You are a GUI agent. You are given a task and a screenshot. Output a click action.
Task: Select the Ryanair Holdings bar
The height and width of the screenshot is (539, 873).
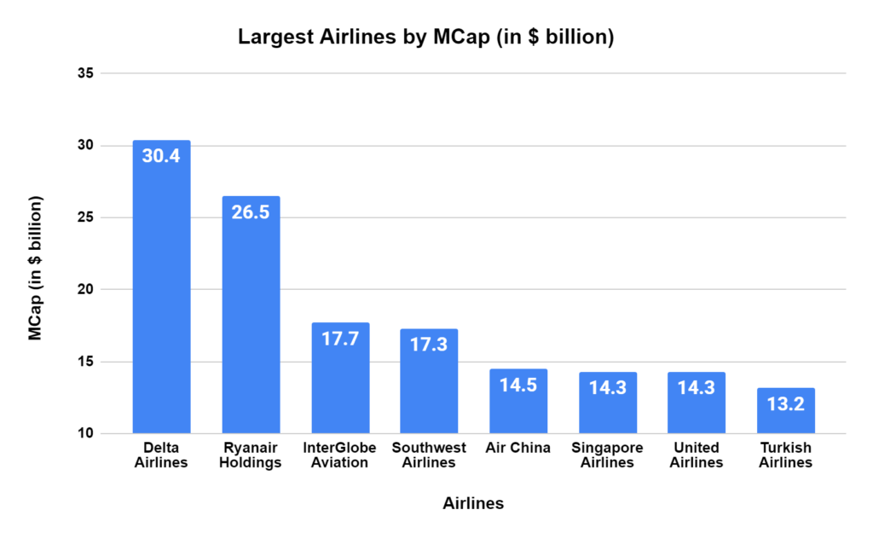tap(251, 315)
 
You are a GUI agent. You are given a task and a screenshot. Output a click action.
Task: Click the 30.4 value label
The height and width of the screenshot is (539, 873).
tap(161, 157)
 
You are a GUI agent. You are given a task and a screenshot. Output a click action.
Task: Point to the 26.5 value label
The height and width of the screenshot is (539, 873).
tap(251, 212)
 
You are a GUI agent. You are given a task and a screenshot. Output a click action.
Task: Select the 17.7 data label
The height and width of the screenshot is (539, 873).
tap(340, 339)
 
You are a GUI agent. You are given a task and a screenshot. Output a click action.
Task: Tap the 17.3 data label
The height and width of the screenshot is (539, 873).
tap(429, 345)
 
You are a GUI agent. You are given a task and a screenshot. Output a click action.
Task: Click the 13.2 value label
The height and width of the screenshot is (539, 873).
tap(785, 403)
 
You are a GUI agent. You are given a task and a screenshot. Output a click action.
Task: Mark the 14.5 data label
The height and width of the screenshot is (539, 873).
tap(518, 385)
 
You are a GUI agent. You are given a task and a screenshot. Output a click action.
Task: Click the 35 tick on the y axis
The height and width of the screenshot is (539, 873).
tap(84, 73)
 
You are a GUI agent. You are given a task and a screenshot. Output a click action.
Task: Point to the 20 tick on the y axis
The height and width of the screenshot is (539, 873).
tap(84, 290)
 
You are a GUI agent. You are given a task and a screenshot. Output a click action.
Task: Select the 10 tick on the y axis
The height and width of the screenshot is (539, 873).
tap(84, 434)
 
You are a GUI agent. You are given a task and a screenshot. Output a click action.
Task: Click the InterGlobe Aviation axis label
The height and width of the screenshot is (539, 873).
tap(340, 455)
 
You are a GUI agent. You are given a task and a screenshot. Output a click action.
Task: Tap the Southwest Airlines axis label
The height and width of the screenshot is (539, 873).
tap(429, 455)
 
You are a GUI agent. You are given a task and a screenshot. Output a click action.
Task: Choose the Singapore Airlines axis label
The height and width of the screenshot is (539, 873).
tap(607, 455)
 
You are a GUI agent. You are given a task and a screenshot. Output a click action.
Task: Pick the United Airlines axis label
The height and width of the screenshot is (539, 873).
tap(697, 455)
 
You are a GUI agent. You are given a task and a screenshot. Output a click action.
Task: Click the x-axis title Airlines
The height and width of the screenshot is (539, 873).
tap(473, 504)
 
